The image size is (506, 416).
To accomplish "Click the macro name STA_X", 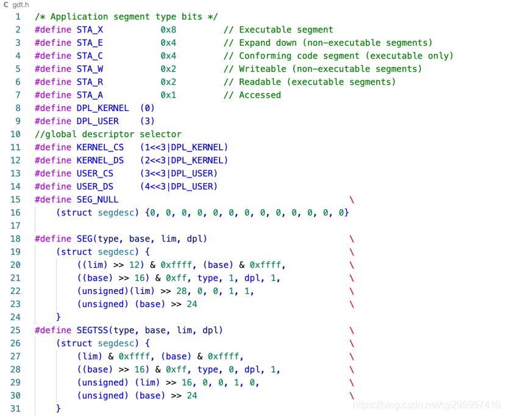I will [90, 30].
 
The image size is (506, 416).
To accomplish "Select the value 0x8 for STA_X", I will [168, 30].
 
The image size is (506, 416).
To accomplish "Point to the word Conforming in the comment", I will [265, 56].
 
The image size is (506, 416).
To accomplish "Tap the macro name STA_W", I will [90, 69].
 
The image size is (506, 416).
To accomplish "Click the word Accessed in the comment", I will [260, 95].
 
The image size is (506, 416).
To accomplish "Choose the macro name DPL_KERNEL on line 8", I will [102, 108].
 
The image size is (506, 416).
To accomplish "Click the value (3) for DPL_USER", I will [147, 121].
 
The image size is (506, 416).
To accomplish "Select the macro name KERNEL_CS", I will [100, 147].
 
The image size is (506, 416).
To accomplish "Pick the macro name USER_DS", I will [94, 186].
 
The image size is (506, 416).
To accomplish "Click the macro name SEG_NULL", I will [98, 199].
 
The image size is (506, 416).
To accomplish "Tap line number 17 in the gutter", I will [15, 226].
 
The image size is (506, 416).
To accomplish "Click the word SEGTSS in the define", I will [92, 330].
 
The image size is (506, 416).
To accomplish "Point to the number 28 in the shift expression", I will [182, 291].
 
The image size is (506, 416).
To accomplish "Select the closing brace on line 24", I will [59, 317].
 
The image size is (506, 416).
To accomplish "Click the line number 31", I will [15, 409].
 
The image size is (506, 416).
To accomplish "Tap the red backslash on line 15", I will [352, 199].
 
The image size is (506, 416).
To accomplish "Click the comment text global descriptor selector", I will [108, 134].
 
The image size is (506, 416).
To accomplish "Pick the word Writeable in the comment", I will [262, 69].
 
